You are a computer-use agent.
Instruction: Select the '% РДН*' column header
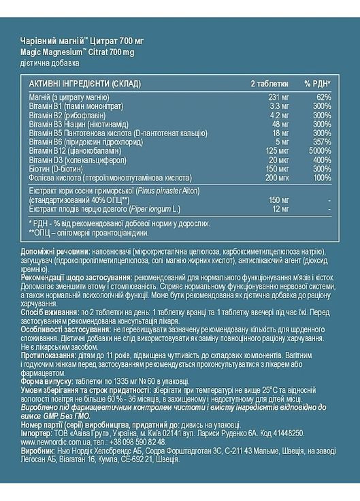[x=318, y=83]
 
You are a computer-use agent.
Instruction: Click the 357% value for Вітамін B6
[x=321, y=142]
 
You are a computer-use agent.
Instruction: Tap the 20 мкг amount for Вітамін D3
[x=261, y=160]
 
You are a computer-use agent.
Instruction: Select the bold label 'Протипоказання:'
[x=49, y=357]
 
